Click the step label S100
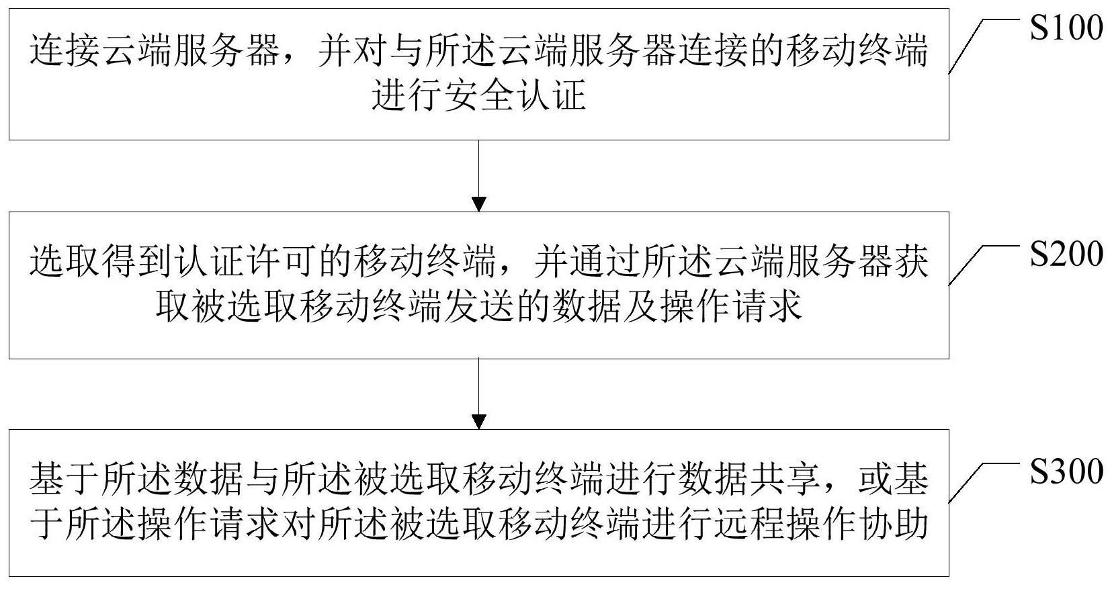coord(1066,28)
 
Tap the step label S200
coord(1066,254)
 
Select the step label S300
coord(1066,471)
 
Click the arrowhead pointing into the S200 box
coord(478,204)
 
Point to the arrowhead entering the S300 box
coord(478,422)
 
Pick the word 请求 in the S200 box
coord(767,306)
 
